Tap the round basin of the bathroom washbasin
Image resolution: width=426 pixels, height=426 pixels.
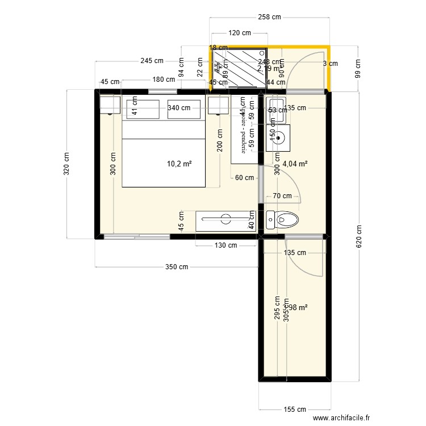click(x=278, y=137)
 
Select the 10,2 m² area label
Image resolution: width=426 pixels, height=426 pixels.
click(x=179, y=164)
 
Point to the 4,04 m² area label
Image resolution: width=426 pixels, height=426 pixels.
click(x=295, y=164)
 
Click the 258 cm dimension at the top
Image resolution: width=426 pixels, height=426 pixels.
click(x=269, y=17)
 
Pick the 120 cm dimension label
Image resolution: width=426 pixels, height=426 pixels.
click(x=239, y=33)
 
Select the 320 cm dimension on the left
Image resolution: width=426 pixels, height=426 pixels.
click(x=66, y=164)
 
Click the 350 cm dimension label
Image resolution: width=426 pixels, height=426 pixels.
click(x=177, y=267)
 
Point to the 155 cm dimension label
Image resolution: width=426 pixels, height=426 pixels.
click(x=294, y=409)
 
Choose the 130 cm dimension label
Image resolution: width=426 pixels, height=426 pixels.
click(x=225, y=246)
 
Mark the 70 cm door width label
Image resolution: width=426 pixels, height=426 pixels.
click(x=282, y=196)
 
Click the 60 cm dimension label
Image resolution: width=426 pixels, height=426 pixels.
click(x=244, y=178)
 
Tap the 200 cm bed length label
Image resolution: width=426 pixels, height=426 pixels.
click(x=219, y=140)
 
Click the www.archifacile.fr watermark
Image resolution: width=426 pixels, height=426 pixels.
click(x=369, y=418)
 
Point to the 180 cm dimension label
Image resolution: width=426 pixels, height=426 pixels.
click(x=164, y=80)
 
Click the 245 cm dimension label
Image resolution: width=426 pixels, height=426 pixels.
click(x=152, y=61)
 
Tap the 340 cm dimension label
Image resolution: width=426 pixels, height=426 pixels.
click(x=178, y=108)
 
